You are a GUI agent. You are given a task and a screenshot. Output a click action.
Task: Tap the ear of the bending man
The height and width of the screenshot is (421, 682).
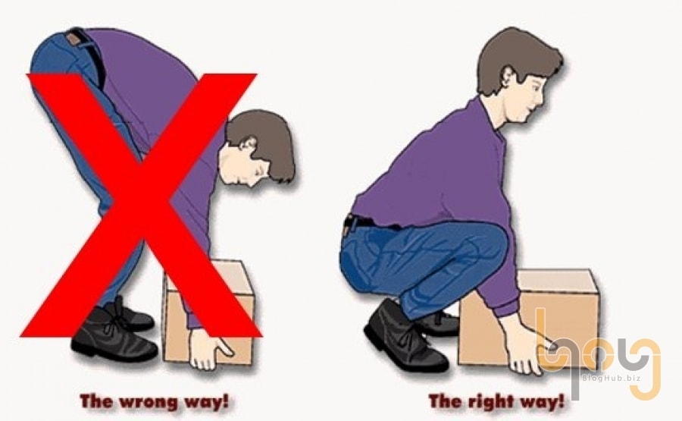[249, 143]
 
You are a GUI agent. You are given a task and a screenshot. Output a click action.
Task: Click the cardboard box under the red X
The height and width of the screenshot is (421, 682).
[208, 312]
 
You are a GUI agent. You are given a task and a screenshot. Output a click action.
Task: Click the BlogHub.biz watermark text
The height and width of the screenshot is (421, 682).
[611, 378]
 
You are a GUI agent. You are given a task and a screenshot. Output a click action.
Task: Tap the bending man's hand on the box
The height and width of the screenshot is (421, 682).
[209, 348]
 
